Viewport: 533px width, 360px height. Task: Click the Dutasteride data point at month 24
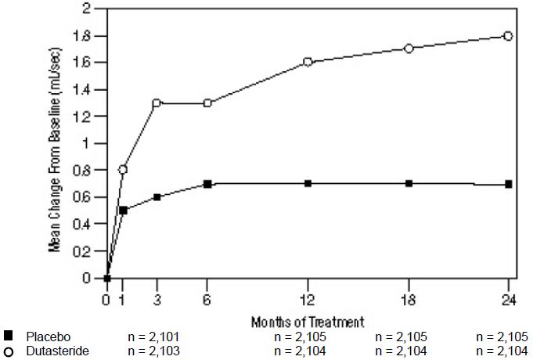tap(508, 35)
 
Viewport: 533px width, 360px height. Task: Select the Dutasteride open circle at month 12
tap(308, 62)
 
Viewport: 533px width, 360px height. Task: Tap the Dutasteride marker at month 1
tap(123, 169)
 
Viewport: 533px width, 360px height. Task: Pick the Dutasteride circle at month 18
tap(408, 49)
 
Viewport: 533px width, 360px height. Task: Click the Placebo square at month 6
tap(207, 183)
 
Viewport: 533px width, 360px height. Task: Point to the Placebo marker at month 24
tap(508, 184)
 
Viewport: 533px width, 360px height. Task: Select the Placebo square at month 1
tap(123, 210)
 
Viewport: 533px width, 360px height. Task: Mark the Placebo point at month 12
tap(308, 183)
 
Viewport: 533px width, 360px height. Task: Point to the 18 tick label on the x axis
tap(408, 298)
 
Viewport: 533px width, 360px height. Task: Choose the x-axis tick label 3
tap(157, 298)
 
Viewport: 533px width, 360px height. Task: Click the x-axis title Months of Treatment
tap(308, 322)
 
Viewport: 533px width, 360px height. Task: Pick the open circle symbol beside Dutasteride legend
tap(8, 351)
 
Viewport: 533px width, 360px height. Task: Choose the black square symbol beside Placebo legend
tap(8, 336)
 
